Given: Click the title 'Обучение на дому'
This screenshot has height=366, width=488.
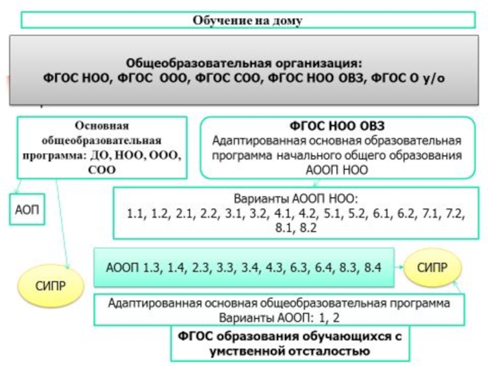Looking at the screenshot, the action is [x=248, y=20].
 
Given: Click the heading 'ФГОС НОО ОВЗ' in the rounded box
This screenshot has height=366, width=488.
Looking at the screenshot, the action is [x=337, y=126].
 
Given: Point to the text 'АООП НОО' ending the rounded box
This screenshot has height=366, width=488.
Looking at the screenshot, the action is [x=337, y=170].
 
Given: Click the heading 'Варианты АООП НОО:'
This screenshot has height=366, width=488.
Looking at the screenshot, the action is [x=297, y=199].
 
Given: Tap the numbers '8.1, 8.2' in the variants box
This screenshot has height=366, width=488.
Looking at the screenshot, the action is [x=296, y=228].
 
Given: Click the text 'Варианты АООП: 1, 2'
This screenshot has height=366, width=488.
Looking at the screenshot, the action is [x=279, y=316].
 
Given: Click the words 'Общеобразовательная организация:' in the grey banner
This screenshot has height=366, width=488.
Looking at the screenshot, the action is [x=244, y=63].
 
